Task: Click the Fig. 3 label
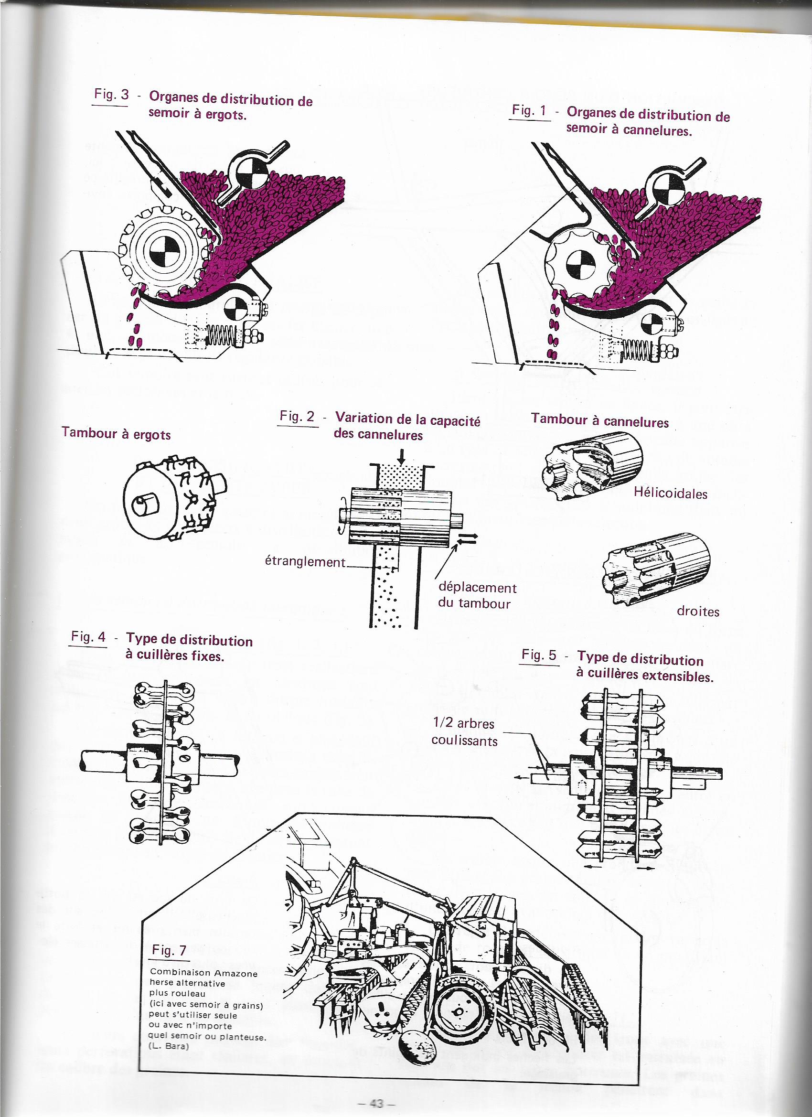[x=111, y=95]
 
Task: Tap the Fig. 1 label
[x=530, y=111]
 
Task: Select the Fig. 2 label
[x=297, y=417]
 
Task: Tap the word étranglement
[x=305, y=562]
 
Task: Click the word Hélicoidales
[x=670, y=494]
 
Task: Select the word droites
[x=698, y=612]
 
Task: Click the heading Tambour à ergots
[x=116, y=434]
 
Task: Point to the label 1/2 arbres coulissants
[x=464, y=732]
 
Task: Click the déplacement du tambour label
[x=477, y=595]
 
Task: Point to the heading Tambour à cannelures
[x=600, y=420]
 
